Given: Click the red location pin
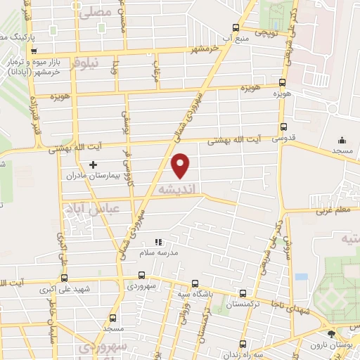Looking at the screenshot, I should (x=181, y=165).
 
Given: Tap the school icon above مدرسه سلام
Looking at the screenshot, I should (x=157, y=241).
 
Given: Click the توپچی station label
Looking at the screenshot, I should (x=269, y=32).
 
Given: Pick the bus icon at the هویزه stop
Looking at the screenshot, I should (x=282, y=82).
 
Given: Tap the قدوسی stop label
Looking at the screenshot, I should (x=294, y=139).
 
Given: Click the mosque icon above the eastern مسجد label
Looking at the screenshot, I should (x=342, y=140).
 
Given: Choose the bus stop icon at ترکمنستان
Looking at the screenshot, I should (x=243, y=294).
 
